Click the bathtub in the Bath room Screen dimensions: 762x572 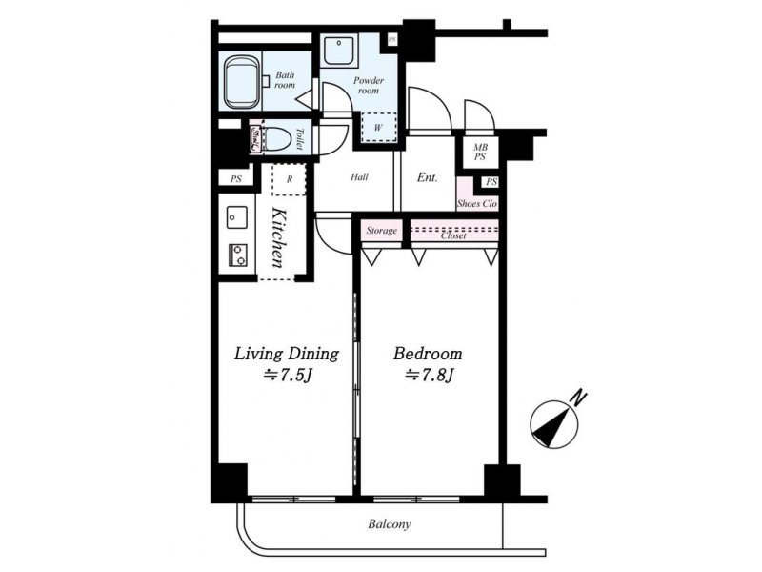(242, 83)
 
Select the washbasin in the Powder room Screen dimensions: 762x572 (340, 50)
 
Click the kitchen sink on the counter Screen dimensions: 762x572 (236, 217)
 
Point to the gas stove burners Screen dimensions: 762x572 (236, 255)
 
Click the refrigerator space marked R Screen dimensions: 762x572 (290, 179)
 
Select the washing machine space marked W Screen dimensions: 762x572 (378, 127)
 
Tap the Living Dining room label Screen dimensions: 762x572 (287, 354)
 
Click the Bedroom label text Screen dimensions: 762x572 (428, 353)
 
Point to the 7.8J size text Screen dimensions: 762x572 (430, 375)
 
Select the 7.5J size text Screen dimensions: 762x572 (287, 376)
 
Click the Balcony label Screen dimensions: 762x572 (390, 524)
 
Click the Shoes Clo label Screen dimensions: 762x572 (477, 204)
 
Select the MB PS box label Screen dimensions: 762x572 (480, 152)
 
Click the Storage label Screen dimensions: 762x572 (382, 231)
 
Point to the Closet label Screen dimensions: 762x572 (453, 235)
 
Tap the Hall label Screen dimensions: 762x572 (359, 177)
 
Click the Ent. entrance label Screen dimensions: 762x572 (428, 177)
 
